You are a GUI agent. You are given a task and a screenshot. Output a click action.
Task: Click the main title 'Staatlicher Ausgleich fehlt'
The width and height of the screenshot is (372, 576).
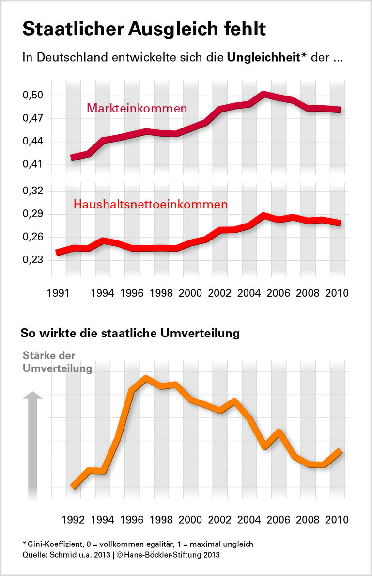[144, 29]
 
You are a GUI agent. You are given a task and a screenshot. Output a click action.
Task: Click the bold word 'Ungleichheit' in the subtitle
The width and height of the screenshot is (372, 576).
[263, 58]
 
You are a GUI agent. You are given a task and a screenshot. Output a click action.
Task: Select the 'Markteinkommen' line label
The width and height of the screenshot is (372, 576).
[137, 108]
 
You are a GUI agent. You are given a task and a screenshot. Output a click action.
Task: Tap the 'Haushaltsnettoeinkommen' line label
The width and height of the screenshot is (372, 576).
[150, 205]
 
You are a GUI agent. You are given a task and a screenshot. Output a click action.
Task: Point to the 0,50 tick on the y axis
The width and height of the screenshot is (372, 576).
[33, 96]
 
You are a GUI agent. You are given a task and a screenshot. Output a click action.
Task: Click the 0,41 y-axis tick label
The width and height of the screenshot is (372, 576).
[33, 165]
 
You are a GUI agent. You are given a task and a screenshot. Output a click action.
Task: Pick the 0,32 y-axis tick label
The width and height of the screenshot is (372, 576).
[33, 191]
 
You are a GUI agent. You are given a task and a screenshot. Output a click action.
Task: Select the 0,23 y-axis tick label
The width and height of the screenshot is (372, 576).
[33, 260]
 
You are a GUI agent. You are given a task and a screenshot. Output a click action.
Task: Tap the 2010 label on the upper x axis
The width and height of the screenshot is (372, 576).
[336, 293]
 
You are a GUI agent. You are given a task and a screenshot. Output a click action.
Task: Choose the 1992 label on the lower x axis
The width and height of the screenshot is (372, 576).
[74, 520]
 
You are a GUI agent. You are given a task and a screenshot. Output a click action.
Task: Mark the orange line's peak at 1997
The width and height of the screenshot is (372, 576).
[146, 378]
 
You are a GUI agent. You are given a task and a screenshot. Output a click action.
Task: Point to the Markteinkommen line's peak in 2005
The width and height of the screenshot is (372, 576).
[263, 94]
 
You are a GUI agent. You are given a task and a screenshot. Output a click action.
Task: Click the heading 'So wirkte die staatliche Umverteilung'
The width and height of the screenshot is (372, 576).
[130, 334]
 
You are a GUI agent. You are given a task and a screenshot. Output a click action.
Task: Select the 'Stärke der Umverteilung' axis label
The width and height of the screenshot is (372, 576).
[57, 362]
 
